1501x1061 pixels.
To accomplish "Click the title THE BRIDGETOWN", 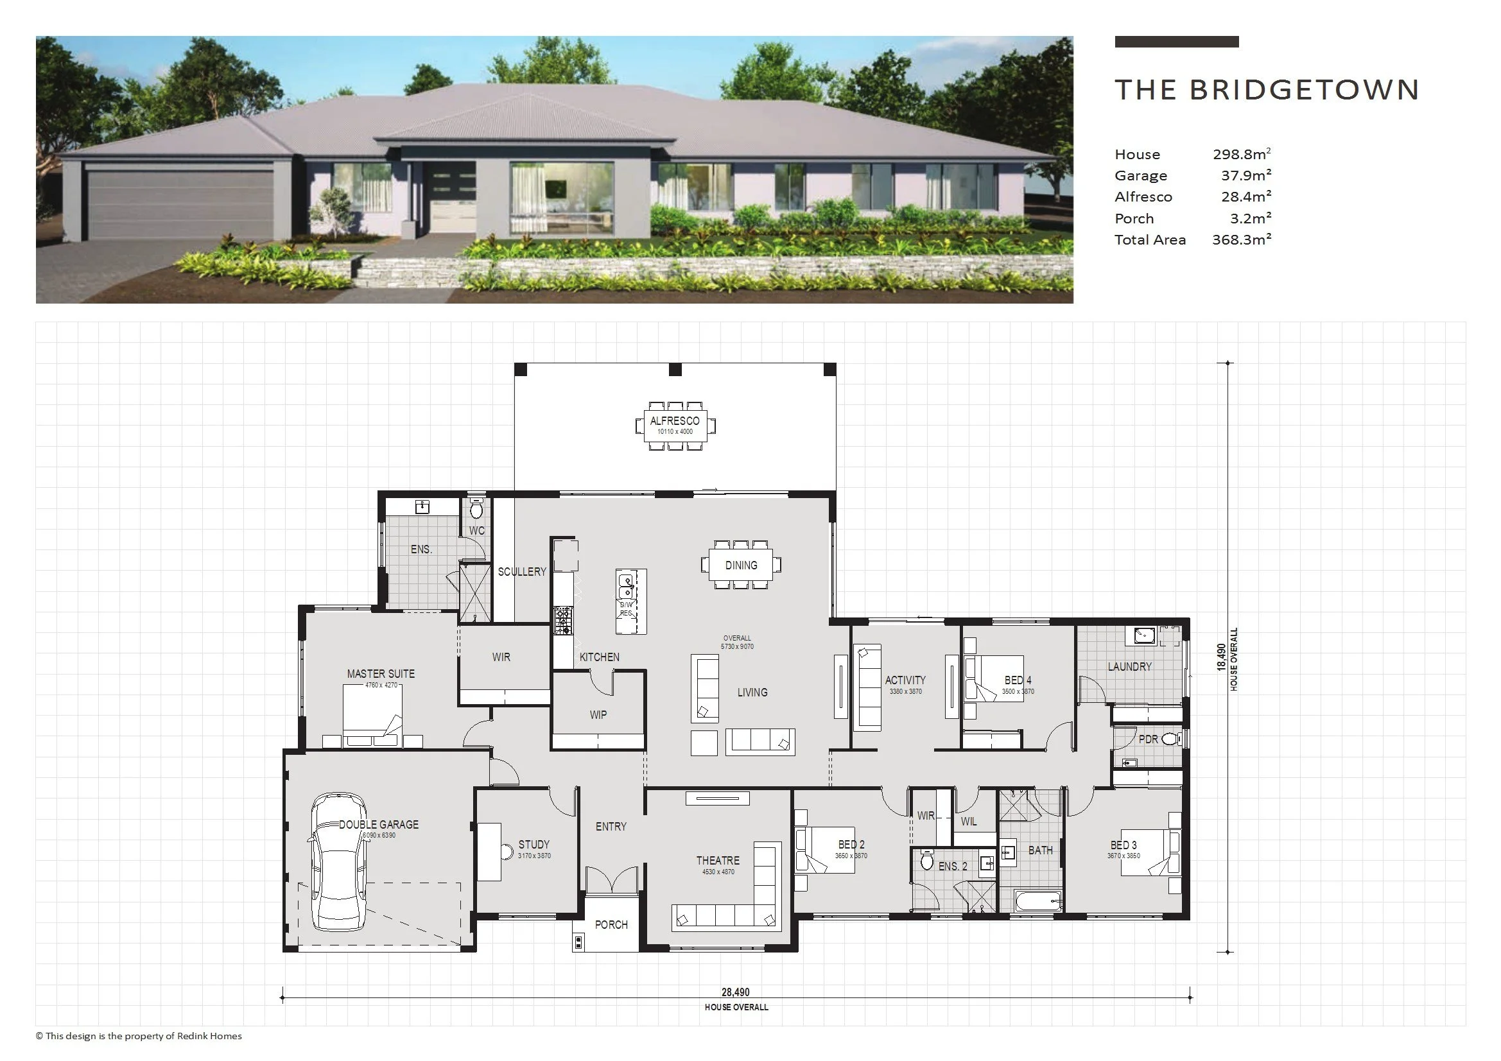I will click(1266, 91).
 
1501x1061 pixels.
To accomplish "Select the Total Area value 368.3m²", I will click(1242, 239).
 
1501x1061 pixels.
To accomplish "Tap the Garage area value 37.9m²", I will click(1246, 175).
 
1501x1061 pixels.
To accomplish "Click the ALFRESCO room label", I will click(675, 421).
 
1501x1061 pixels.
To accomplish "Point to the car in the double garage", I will click(337, 861).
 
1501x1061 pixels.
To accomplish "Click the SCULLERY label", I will click(522, 571).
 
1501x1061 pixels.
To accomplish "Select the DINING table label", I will click(741, 565).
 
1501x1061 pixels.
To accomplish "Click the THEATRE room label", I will click(718, 860).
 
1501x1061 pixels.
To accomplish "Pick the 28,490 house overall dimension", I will click(736, 992).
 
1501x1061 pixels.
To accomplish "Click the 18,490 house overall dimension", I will click(1220, 658).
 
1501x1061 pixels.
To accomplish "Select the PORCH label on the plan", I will click(611, 924).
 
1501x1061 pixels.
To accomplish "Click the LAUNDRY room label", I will click(1129, 666).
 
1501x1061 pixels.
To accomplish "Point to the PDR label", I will click(1148, 739).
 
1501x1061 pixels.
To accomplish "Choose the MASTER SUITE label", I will click(381, 673).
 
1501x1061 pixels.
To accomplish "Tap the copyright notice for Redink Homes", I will click(139, 1036).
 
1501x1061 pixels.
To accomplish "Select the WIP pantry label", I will click(598, 714).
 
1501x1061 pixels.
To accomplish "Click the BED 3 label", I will click(1123, 845).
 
